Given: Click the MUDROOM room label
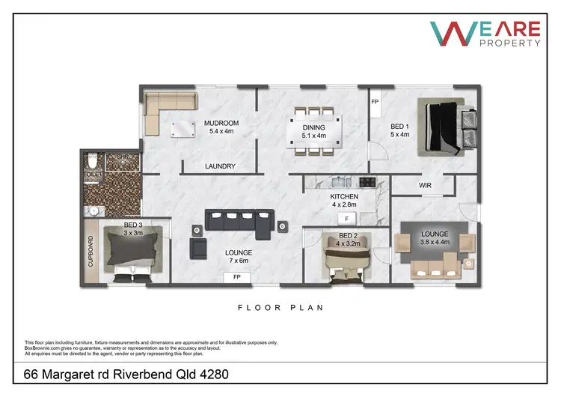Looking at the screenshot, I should tap(221, 124).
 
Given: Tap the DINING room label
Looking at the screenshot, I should tap(313, 128).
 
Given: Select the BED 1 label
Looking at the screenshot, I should tap(401, 127).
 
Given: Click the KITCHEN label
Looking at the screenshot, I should tap(344, 197).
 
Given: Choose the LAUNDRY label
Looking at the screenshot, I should tap(220, 166).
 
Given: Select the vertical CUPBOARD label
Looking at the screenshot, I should tap(91, 253).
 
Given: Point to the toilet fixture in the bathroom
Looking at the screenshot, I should tap(92, 163).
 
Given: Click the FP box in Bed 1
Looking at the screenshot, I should tap(375, 100).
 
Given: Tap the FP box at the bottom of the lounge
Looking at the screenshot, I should tap(237, 277).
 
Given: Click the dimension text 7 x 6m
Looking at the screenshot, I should tap(238, 262).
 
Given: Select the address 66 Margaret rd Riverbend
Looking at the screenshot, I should tap(126, 373).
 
